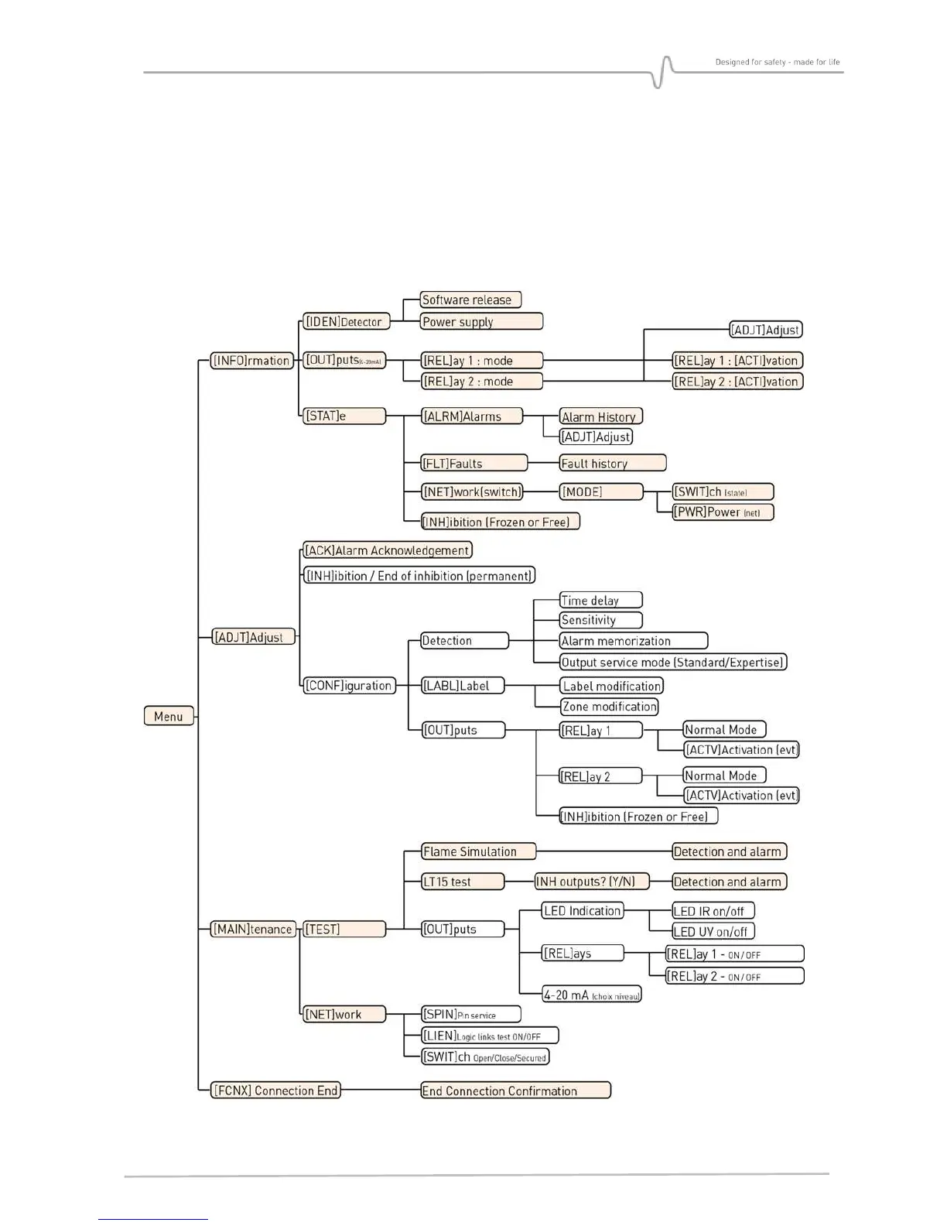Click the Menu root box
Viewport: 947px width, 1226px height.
click(169, 716)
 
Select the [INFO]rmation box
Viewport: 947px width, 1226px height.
click(251, 360)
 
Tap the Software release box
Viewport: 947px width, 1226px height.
click(470, 300)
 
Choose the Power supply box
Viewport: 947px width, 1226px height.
click(481, 321)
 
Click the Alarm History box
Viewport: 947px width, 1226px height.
click(600, 416)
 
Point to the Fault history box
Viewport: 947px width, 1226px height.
click(612, 463)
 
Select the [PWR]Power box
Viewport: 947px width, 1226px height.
click(723, 512)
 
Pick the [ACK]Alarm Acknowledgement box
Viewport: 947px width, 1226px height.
click(387, 550)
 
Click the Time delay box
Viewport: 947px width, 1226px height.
click(600, 600)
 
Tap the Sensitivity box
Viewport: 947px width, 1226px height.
click(600, 620)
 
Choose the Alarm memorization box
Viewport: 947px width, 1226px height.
click(633, 641)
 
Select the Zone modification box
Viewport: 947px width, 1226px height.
click(609, 706)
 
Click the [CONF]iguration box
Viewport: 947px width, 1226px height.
click(349, 685)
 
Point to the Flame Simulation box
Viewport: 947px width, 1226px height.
click(479, 851)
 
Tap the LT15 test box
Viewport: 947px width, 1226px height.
click(463, 882)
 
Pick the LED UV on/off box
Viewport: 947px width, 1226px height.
click(713, 931)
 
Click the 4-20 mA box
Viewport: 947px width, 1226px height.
click(592, 995)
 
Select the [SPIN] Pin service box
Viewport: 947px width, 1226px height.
click(470, 1014)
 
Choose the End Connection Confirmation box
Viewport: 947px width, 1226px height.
click(515, 1091)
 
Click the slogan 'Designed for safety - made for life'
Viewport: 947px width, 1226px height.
click(777, 62)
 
